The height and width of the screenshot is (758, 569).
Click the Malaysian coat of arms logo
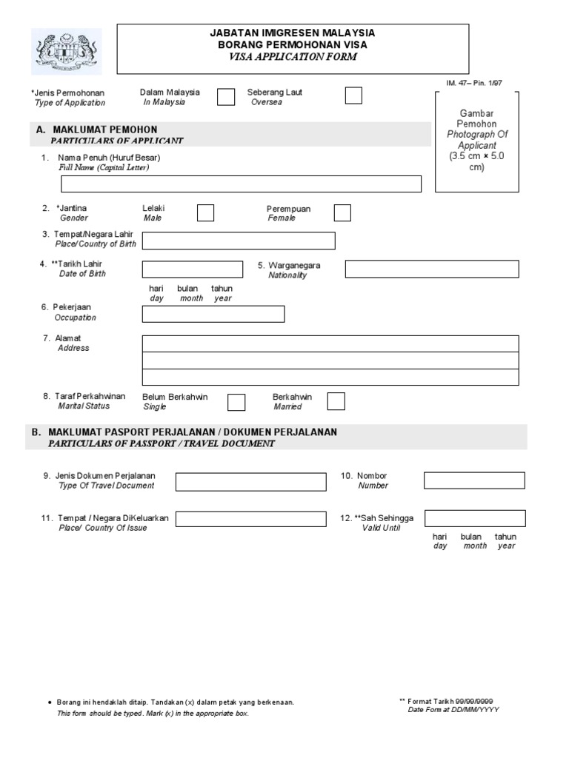click(x=67, y=51)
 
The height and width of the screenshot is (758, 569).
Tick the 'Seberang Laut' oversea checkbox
click(x=353, y=95)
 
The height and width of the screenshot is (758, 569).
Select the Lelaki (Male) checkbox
click(x=205, y=213)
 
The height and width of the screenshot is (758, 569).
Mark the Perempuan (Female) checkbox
click(x=342, y=213)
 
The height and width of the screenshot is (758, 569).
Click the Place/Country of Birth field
click(x=239, y=241)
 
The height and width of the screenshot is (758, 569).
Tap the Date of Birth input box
click(x=192, y=269)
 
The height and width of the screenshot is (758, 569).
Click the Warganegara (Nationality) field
click(x=432, y=269)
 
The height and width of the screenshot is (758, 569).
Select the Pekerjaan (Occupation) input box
click(x=213, y=314)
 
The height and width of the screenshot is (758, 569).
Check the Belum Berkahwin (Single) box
click(x=236, y=402)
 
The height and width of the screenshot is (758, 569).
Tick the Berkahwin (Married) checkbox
click(x=336, y=401)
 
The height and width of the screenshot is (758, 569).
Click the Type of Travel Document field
click(x=250, y=482)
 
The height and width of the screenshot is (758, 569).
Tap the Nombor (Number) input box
click(x=474, y=480)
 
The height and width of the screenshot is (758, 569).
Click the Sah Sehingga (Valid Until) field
click(x=475, y=518)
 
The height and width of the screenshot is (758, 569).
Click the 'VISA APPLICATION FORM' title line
click(x=292, y=56)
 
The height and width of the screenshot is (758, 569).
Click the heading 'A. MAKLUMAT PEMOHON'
click(x=96, y=130)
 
